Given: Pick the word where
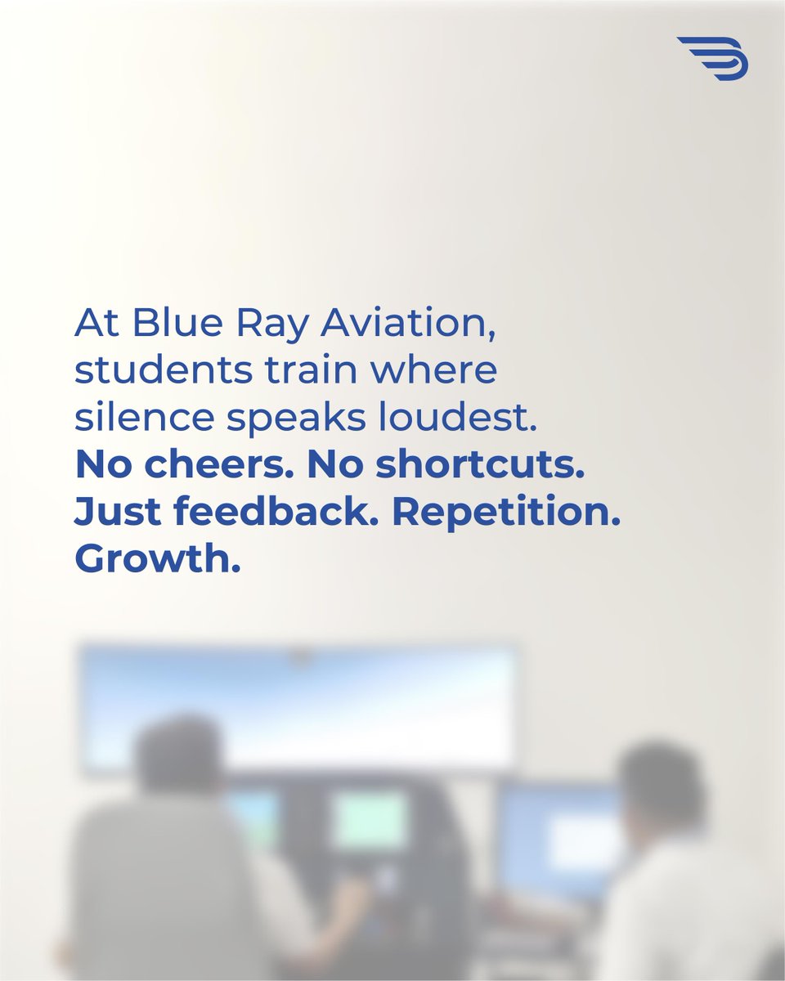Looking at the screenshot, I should pos(435,371).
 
